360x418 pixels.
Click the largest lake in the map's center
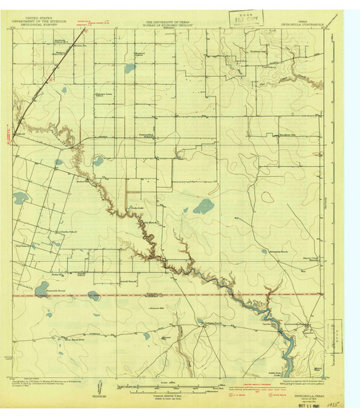(203, 207)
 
